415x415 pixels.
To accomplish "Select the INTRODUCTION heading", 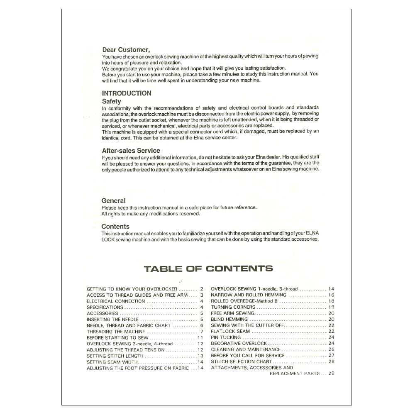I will click(x=127, y=93).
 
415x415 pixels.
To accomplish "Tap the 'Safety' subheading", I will click(x=112, y=101).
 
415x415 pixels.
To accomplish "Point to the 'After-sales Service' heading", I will click(x=131, y=151).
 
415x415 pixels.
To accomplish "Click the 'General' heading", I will click(x=113, y=201).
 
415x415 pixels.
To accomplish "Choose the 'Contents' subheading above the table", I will click(x=115, y=227).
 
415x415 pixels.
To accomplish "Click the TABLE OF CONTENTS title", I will click(x=208, y=269).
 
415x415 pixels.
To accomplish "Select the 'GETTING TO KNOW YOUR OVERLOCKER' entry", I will click(x=132, y=289).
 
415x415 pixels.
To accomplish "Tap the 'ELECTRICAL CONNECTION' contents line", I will click(x=116, y=301).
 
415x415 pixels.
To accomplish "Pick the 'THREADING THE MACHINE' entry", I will click(x=116, y=332).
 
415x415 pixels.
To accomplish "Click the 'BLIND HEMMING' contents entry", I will click(x=229, y=320).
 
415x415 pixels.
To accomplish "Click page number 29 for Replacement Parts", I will click(x=331, y=373).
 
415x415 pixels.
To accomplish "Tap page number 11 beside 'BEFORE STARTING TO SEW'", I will click(x=200, y=338).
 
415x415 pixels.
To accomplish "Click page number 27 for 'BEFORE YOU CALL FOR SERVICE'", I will click(x=331, y=356).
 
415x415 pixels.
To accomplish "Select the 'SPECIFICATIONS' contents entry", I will click(x=105, y=308).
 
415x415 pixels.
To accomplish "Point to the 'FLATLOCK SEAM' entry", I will click(x=230, y=332).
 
